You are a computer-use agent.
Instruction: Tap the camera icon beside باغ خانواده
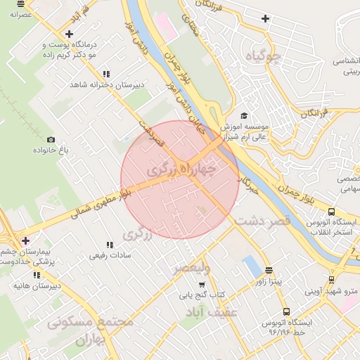click(51, 140)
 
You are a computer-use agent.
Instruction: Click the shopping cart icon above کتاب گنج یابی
click(202, 285)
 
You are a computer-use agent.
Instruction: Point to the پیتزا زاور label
click(268, 281)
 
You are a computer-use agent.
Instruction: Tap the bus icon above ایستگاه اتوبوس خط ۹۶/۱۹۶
click(285, 311)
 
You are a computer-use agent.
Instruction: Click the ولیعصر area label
click(191, 268)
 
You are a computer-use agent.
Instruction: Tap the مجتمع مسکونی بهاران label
click(90, 330)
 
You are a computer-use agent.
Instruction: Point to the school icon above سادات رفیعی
click(108, 245)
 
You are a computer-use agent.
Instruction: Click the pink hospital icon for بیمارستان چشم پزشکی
click(25, 240)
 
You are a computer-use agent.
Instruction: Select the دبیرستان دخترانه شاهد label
click(106, 84)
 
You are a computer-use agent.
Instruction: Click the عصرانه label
click(20, 14)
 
